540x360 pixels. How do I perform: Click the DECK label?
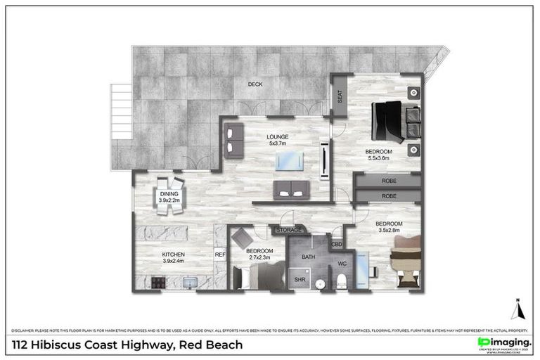pyautogui.click(x=255, y=84)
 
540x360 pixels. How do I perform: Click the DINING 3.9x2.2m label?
pyautogui.click(x=169, y=196)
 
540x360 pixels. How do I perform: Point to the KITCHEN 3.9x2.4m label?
pyautogui.click(x=174, y=257)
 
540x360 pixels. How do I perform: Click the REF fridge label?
pyautogui.click(x=219, y=255)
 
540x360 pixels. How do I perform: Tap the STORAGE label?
pyautogui.click(x=289, y=230)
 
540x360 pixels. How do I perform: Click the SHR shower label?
pyautogui.click(x=298, y=281)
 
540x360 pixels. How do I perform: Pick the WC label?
pyautogui.click(x=342, y=264)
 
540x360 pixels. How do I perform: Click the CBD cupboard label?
pyautogui.click(x=337, y=245)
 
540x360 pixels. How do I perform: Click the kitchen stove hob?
pyautogui.click(x=157, y=283)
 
